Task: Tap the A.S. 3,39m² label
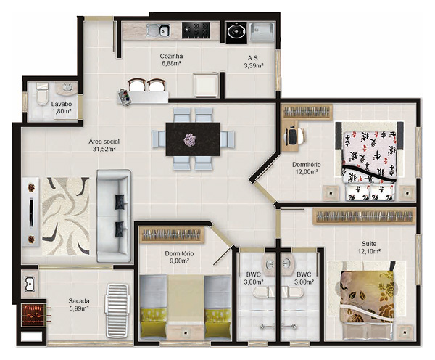tap(253, 61)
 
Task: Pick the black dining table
tap(193, 138)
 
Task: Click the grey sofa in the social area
tap(114, 215)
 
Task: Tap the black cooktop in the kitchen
tap(196, 30)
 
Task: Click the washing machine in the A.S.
tap(236, 31)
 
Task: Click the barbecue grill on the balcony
tap(32, 315)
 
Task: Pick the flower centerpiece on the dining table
tap(191, 139)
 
